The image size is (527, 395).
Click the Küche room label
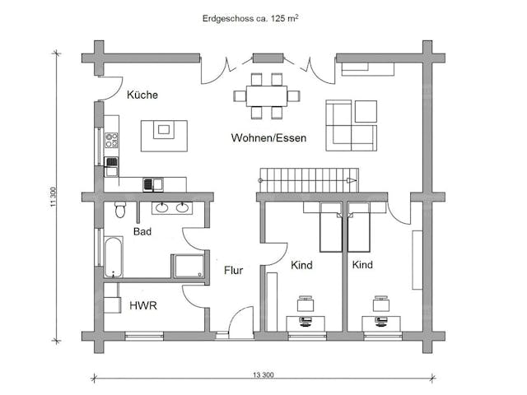[x=142, y=95]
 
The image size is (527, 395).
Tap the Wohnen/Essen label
[x=268, y=137]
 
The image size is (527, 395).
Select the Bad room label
[x=142, y=231]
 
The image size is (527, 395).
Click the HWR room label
[x=143, y=305]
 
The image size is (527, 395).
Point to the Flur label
[x=233, y=271]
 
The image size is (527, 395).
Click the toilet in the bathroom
[x=120, y=210]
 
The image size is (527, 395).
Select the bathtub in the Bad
[x=113, y=257]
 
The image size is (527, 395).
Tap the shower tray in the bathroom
[x=189, y=267]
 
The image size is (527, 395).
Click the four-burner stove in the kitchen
[x=111, y=141]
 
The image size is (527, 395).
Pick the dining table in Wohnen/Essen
[x=267, y=96]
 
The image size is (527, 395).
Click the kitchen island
[x=164, y=136]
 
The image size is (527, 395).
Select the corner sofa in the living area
[x=352, y=126]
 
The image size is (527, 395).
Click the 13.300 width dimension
[x=263, y=375]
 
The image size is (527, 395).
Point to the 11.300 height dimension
[x=53, y=197]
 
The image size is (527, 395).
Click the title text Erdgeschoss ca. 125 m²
[x=250, y=18]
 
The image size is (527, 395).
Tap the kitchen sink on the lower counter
[x=153, y=184]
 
